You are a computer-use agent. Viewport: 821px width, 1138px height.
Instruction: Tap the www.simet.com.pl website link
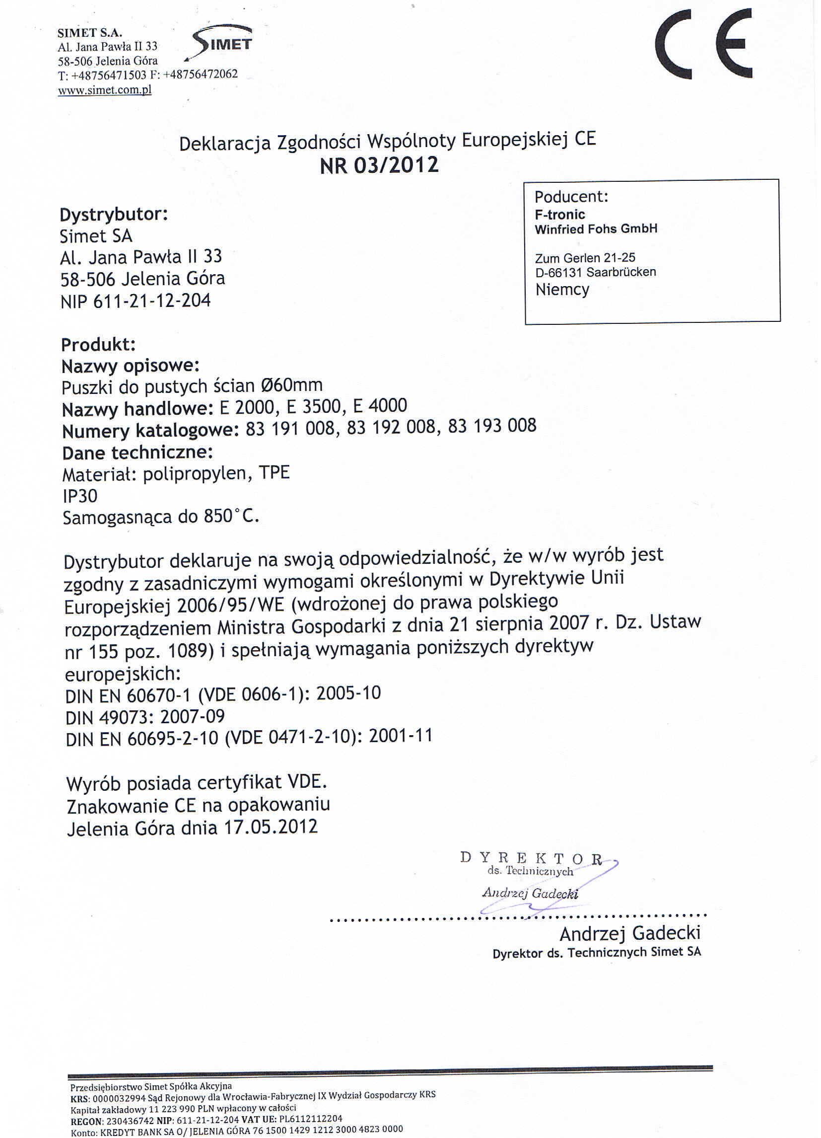coord(104,90)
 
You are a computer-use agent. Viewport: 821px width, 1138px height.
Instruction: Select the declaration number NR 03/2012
coord(379,165)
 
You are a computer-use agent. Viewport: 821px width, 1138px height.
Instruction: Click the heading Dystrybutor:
coord(113,215)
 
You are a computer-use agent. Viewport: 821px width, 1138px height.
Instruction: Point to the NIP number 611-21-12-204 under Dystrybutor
coord(152,301)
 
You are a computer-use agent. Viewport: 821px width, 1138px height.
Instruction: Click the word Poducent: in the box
coord(571,197)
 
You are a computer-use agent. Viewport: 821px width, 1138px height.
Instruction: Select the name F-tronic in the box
coord(560,215)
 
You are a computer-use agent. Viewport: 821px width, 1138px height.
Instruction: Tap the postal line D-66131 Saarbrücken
coord(595,273)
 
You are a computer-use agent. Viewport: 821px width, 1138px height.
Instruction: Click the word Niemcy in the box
coord(562,290)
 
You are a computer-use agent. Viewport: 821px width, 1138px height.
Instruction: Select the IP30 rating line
coord(80,496)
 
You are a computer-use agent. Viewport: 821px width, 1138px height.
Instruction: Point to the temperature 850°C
coord(231,516)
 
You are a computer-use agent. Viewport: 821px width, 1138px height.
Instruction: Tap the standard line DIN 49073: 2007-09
coord(145,717)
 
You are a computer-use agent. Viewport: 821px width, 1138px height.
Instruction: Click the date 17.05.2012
coord(271,827)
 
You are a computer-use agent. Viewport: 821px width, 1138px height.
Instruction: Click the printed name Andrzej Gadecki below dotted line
coord(629,934)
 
